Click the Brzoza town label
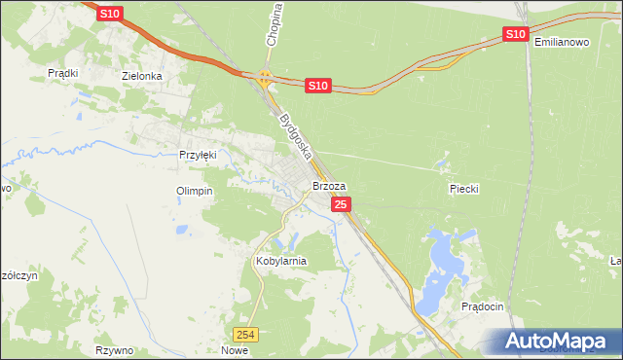point(329,185)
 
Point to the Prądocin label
point(482,306)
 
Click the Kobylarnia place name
point(280,261)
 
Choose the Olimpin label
point(194,191)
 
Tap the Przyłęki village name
point(202,154)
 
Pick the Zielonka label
point(140,75)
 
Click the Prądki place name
point(63,73)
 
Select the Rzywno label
point(114,349)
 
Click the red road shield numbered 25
point(341,204)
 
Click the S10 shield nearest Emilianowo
point(515,35)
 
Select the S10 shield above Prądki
point(110,13)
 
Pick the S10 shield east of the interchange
point(317,87)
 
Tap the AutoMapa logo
point(558,342)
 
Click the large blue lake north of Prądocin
point(446,257)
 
